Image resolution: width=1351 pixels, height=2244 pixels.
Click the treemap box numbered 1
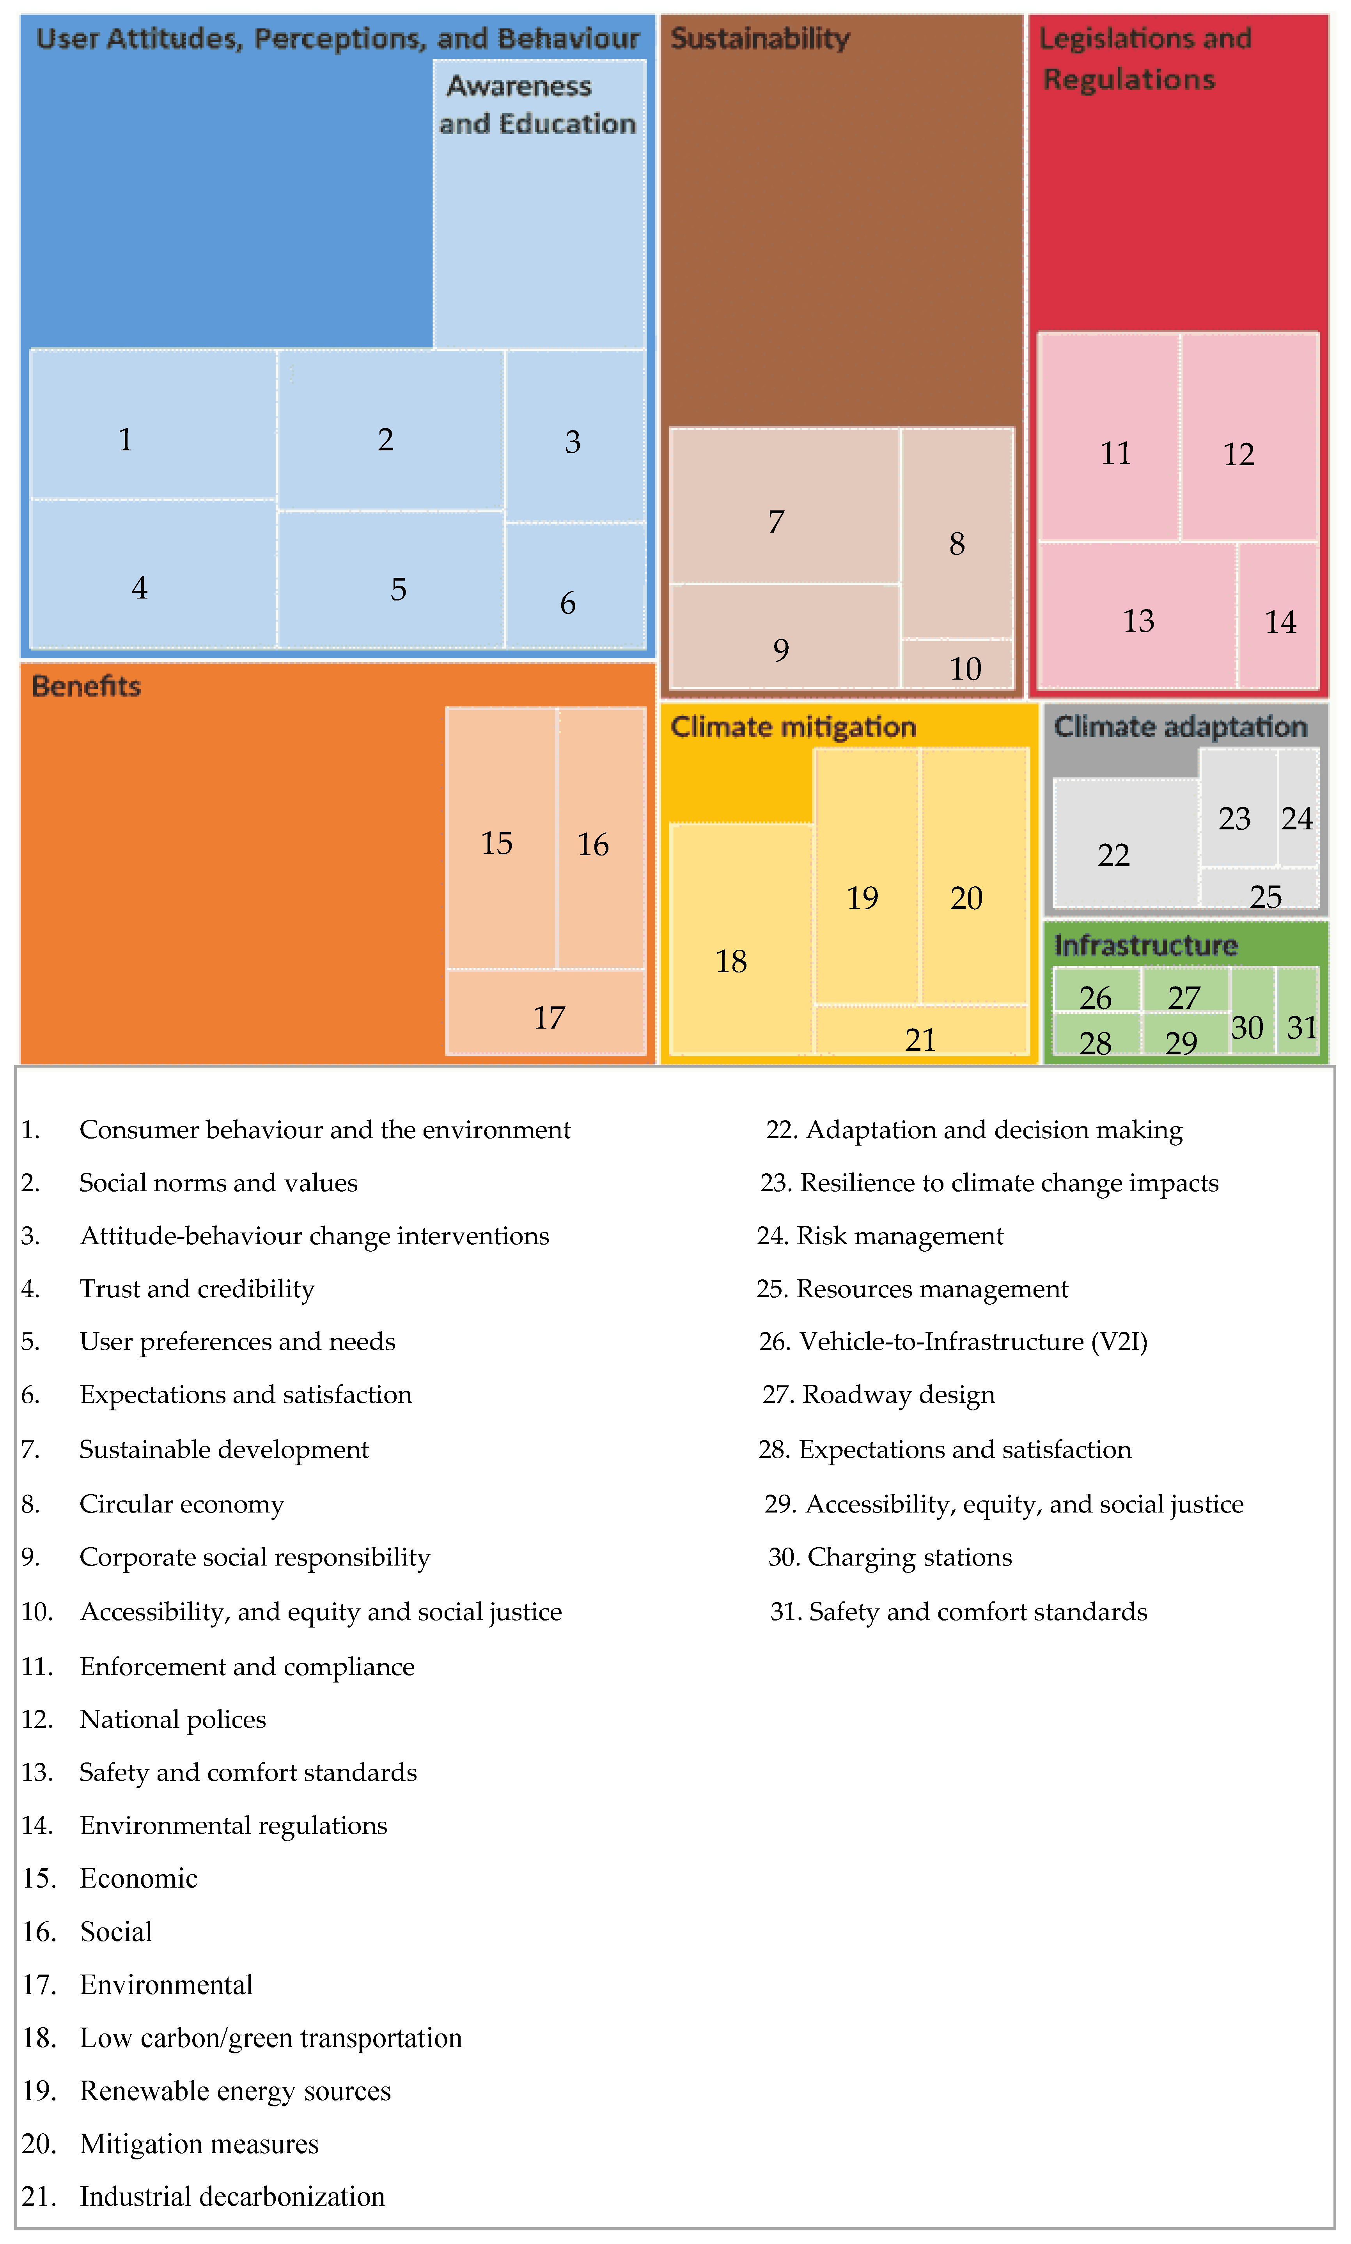tap(153, 425)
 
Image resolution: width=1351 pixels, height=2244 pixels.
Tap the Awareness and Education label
tap(537, 104)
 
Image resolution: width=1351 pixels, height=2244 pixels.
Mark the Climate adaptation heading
tap(1180, 726)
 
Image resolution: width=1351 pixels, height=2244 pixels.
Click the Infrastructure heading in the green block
tap(1145, 946)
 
